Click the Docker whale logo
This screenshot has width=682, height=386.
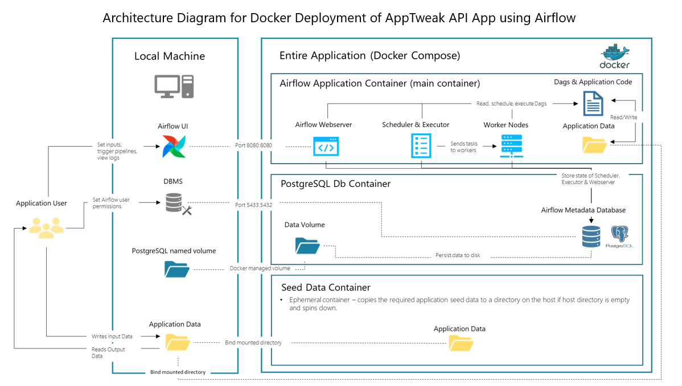tap(614, 56)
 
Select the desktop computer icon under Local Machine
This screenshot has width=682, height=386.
tap(174, 87)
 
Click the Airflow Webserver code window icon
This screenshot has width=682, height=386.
tap(326, 146)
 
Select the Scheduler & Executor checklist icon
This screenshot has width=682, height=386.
tap(421, 146)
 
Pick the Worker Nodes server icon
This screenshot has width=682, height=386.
tap(511, 146)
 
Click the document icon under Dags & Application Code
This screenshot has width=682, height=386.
tap(593, 104)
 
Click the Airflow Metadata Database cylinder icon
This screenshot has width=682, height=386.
tap(591, 236)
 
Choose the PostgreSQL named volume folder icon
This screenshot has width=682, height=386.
tap(176, 269)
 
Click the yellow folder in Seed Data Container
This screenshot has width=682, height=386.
tap(461, 343)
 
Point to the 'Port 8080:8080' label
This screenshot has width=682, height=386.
tap(253, 145)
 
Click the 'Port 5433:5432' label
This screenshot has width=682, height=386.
tap(253, 204)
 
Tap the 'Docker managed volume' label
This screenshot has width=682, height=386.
tap(260, 268)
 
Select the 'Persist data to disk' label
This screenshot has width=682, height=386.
tap(458, 255)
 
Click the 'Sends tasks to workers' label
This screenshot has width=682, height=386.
tap(464, 147)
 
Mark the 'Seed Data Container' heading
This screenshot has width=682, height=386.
tap(326, 287)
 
